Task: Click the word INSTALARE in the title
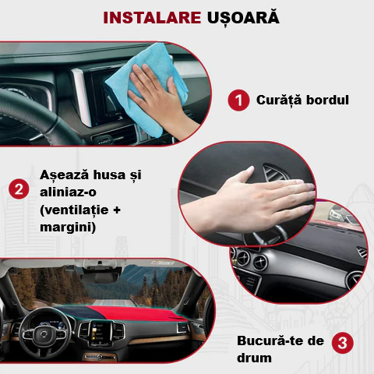[143, 17]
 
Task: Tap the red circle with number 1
[238, 101]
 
